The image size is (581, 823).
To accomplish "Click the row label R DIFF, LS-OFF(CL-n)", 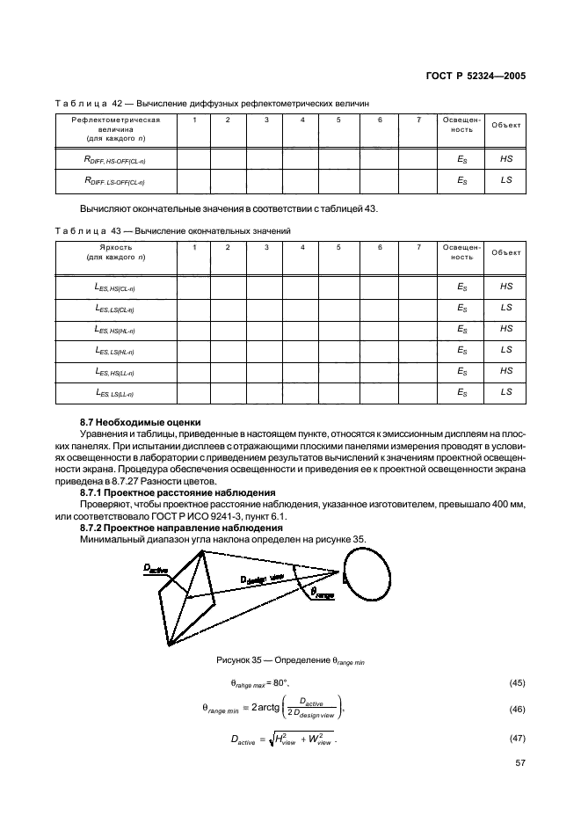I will click(114, 181).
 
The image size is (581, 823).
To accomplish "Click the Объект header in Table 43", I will click(505, 252).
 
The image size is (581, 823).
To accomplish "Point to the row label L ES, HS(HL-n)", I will click(114, 329).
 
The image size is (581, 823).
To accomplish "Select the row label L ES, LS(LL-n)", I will click(114, 392).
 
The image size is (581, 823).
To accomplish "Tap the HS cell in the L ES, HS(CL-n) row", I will click(505, 287).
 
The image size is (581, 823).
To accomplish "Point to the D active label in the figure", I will click(156, 570).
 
